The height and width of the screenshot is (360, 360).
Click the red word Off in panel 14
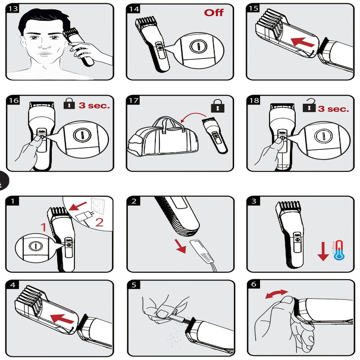(214, 13)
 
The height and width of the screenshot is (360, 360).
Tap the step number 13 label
(13, 9)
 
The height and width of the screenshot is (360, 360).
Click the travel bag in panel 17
(163, 136)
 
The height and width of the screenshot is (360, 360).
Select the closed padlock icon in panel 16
(69, 103)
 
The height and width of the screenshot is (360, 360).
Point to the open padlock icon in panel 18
(309, 105)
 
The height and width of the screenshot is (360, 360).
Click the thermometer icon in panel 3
(339, 250)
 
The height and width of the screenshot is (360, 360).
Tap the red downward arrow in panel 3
(323, 252)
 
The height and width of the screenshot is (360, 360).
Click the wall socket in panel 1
(98, 206)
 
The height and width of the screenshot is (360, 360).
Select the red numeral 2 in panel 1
(99, 222)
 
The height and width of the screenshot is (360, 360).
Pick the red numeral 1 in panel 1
(44, 227)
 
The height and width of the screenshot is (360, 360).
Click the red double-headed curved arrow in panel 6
(276, 294)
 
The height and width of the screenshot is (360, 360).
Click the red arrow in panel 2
(181, 246)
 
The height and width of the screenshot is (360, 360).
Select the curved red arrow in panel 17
(193, 116)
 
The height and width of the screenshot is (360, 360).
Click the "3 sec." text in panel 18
(333, 108)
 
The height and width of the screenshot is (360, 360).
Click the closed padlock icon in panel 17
(218, 106)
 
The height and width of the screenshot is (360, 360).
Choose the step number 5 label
(134, 285)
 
